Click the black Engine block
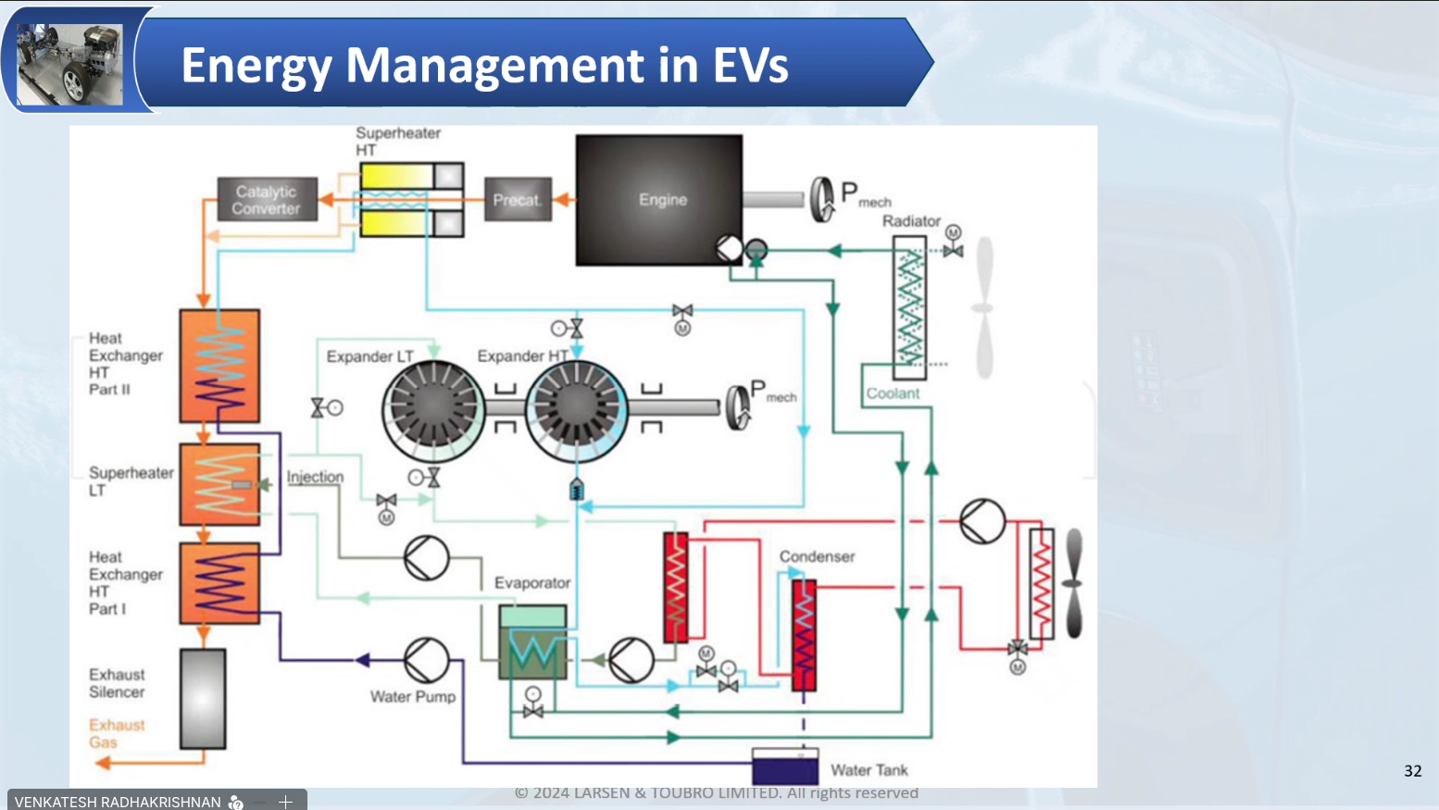click(x=658, y=200)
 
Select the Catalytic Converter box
click(x=267, y=200)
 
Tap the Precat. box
click(x=517, y=200)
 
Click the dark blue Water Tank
click(x=784, y=768)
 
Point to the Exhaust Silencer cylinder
click(x=203, y=699)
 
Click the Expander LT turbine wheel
click(x=432, y=407)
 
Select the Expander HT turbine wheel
click(x=576, y=407)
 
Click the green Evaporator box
click(x=532, y=643)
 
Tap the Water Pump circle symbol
click(x=426, y=660)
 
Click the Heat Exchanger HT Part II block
click(x=219, y=366)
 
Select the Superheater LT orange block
click(x=219, y=484)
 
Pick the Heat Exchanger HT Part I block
click(x=219, y=583)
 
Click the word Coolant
click(x=893, y=393)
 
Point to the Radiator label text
click(x=911, y=221)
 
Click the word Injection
click(x=315, y=477)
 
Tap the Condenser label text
click(x=817, y=556)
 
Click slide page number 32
click(x=1412, y=771)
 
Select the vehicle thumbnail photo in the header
click(x=69, y=63)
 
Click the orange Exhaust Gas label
click(x=117, y=733)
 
